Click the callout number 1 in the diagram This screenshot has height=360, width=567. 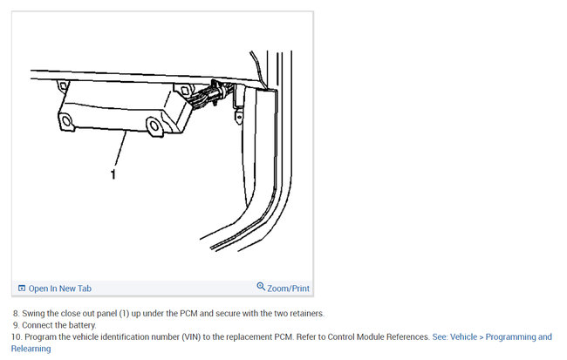pyautogui.click(x=113, y=174)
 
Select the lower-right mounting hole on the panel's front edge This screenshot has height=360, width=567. pyautogui.click(x=153, y=127)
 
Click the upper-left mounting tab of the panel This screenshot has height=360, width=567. pyautogui.click(x=61, y=85)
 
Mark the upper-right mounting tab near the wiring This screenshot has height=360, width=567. pyautogui.click(x=184, y=89)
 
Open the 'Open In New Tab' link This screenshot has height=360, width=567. pyautogui.click(x=59, y=289)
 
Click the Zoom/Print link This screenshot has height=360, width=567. pyautogui.click(x=289, y=288)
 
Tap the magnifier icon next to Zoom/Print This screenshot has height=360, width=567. pyautogui.click(x=261, y=287)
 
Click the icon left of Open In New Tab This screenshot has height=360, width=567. pyautogui.click(x=22, y=289)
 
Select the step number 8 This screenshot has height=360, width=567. pyautogui.click(x=15, y=313)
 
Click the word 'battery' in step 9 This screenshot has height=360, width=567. pyautogui.click(x=79, y=325)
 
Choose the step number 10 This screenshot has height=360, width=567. pyautogui.click(x=15, y=336)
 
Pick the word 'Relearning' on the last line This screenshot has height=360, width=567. pyautogui.click(x=30, y=349)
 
